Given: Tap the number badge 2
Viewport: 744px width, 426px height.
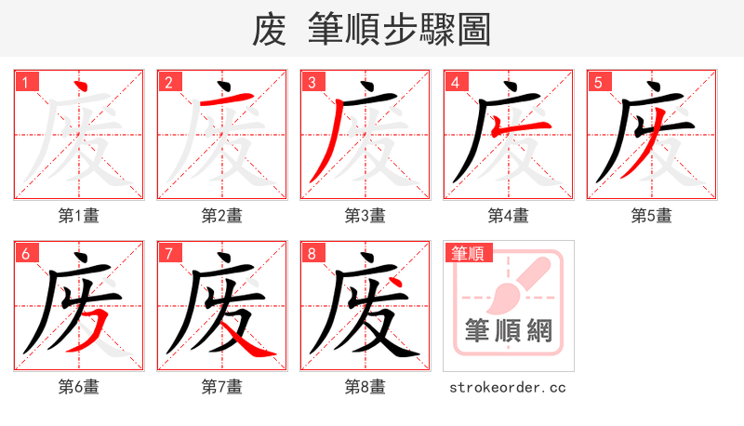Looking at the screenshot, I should tap(168, 82).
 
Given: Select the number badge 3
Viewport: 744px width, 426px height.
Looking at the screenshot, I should tap(312, 82).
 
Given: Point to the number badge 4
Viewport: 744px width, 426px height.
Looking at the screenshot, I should tap(455, 82).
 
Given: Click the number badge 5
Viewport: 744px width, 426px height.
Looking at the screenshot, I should tap(598, 82).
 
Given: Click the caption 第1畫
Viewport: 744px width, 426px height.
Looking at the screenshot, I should tap(78, 216).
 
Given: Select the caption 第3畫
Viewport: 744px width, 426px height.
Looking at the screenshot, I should tap(365, 216).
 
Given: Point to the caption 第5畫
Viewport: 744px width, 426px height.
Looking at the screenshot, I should tap(651, 216).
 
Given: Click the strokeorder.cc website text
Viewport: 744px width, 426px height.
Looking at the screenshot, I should tap(508, 387).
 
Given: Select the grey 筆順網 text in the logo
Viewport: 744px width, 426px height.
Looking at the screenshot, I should tap(508, 330).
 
